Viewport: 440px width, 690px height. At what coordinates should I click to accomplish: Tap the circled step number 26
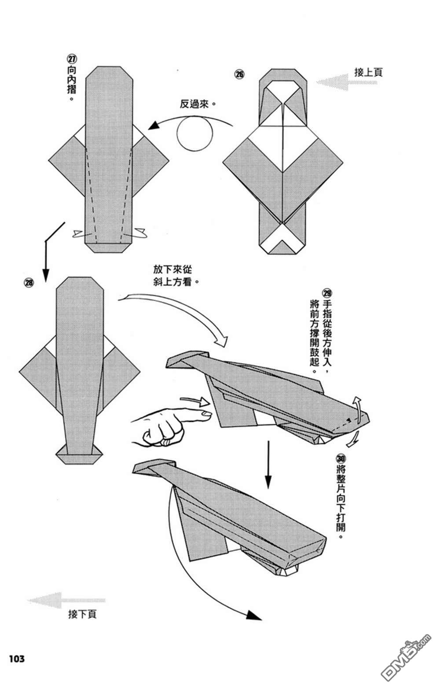point(239,74)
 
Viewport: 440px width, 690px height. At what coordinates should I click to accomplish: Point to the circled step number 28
point(29,283)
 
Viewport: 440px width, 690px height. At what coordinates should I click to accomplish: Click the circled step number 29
point(326,293)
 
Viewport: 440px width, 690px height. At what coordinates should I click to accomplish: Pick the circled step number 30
point(341,459)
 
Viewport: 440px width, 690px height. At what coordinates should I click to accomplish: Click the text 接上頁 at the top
point(368,72)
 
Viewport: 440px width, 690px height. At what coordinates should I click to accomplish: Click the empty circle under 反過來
point(195,133)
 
